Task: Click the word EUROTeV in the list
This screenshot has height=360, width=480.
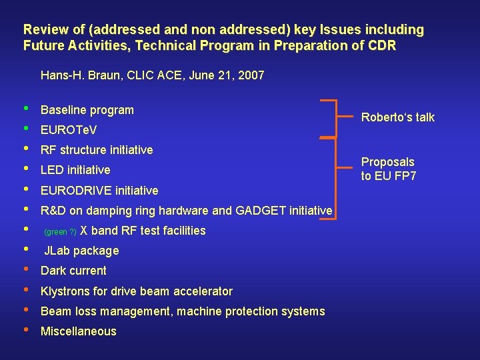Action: point(69,130)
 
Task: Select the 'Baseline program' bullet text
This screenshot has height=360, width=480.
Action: point(87,110)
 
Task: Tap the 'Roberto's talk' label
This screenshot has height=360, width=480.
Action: point(397,117)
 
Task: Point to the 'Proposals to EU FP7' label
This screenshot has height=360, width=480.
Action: point(387,169)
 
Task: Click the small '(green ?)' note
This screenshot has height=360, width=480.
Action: point(60,232)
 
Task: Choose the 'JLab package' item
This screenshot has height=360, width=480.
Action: point(81,251)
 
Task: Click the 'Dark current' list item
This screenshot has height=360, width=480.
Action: point(73,271)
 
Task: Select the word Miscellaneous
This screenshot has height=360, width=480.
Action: point(78,331)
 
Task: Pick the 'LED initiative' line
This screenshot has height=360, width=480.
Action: point(75,170)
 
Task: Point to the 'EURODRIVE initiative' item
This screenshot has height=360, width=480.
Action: point(99,191)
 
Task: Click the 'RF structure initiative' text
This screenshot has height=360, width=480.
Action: point(97,150)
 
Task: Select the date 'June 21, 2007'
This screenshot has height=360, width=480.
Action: point(227,75)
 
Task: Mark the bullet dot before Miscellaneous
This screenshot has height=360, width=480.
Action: point(25,329)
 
